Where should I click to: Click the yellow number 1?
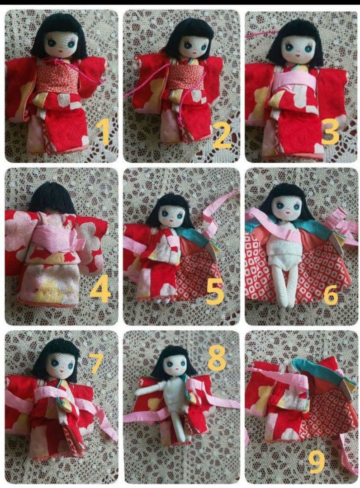103,132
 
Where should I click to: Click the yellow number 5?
215,291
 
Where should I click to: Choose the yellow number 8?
217,358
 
